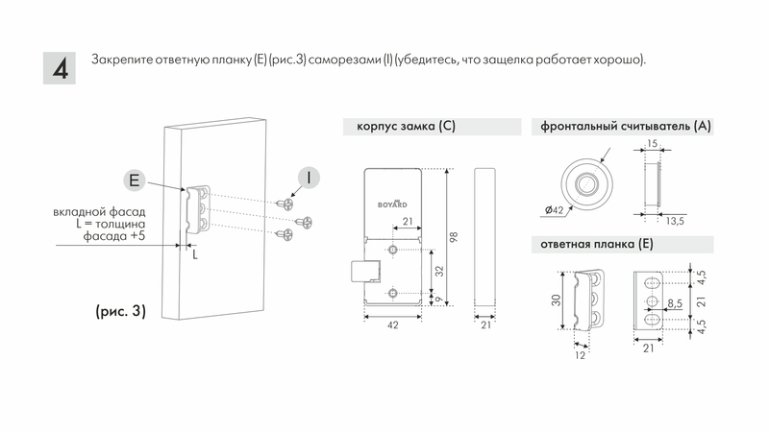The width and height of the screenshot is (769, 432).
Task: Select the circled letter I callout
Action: pyautogui.click(x=307, y=179)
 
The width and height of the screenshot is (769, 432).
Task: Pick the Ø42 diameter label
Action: pyautogui.click(x=553, y=209)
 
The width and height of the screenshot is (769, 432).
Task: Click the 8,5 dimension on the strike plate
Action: pyautogui.click(x=674, y=303)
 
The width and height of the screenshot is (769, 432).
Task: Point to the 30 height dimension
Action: pyautogui.click(x=557, y=300)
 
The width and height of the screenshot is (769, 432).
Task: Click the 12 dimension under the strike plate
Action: pyautogui.click(x=580, y=353)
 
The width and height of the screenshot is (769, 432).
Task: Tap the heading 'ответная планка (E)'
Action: pyautogui.click(x=597, y=245)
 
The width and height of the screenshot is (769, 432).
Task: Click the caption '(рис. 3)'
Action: pyautogui.click(x=120, y=311)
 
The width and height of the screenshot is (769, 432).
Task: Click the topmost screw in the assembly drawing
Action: pyautogui.click(x=285, y=203)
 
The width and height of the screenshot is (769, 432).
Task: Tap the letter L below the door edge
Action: pyautogui.click(x=193, y=255)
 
